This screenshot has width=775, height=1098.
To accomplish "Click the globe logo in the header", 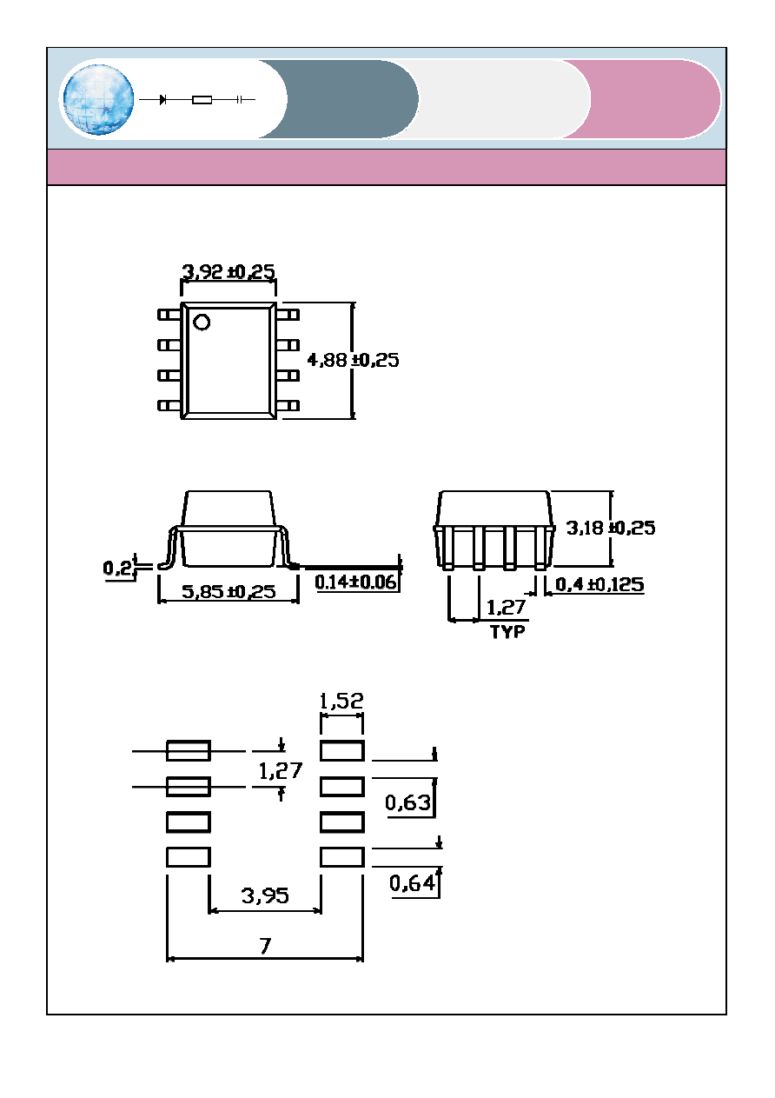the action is tap(98, 99).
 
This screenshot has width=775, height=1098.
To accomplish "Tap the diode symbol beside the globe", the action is tap(162, 100).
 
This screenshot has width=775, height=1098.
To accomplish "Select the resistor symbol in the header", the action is tap(202, 100).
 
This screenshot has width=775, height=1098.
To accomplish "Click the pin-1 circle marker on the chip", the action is tap(202, 322).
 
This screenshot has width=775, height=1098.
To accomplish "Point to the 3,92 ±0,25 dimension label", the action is tap(229, 271).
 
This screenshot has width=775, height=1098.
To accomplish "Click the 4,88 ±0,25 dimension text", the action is tap(353, 360).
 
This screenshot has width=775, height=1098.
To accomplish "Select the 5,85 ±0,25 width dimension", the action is tap(229, 592).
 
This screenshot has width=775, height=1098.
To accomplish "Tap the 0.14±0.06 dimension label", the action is tap(355, 582).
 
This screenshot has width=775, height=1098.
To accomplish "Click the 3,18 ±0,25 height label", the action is tap(611, 528).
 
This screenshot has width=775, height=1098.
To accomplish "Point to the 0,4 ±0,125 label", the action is tap(599, 584).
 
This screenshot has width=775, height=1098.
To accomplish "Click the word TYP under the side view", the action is tap(507, 632).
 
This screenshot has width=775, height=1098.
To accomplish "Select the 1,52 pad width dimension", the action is tap(341, 701).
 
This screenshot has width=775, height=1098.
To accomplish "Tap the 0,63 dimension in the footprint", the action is tap(407, 802).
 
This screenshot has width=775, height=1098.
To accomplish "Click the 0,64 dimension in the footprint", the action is tap(412, 882).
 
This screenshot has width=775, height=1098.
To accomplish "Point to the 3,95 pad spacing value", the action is tap(265, 895).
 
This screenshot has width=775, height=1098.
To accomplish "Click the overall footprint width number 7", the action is tap(265, 946).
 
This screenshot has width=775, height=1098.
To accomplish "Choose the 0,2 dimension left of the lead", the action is tap(117, 568).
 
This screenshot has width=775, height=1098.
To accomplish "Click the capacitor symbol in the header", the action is tap(239, 100).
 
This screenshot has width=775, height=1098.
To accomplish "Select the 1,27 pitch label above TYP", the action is tap(506, 608).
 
